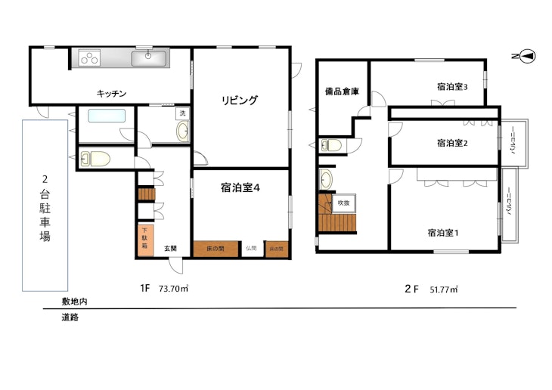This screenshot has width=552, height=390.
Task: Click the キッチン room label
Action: [x=111, y=93]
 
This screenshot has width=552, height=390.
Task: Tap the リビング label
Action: [x=240, y=99]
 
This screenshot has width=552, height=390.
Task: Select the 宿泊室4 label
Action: [x=240, y=188]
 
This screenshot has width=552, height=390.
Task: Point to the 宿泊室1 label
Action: [x=442, y=232]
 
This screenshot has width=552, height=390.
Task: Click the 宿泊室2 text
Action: [x=452, y=142]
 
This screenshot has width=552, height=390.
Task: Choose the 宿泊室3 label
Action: [x=452, y=86]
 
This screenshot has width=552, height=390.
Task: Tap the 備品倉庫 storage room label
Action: [x=342, y=91]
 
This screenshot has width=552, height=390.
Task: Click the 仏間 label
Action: [x=251, y=248]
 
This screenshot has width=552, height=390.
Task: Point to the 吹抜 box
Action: [x=344, y=203]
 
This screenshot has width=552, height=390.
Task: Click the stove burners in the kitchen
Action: [x=88, y=57]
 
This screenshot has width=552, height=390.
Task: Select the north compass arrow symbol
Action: [x=527, y=56]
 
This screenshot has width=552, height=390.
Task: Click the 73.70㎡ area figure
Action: [x=173, y=288]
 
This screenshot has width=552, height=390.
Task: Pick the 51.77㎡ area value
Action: [x=445, y=289]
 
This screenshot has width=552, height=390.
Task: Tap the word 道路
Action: [x=70, y=317]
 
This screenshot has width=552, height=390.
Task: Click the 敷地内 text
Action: [x=74, y=301]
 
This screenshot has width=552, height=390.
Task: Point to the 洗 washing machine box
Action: [x=181, y=113]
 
